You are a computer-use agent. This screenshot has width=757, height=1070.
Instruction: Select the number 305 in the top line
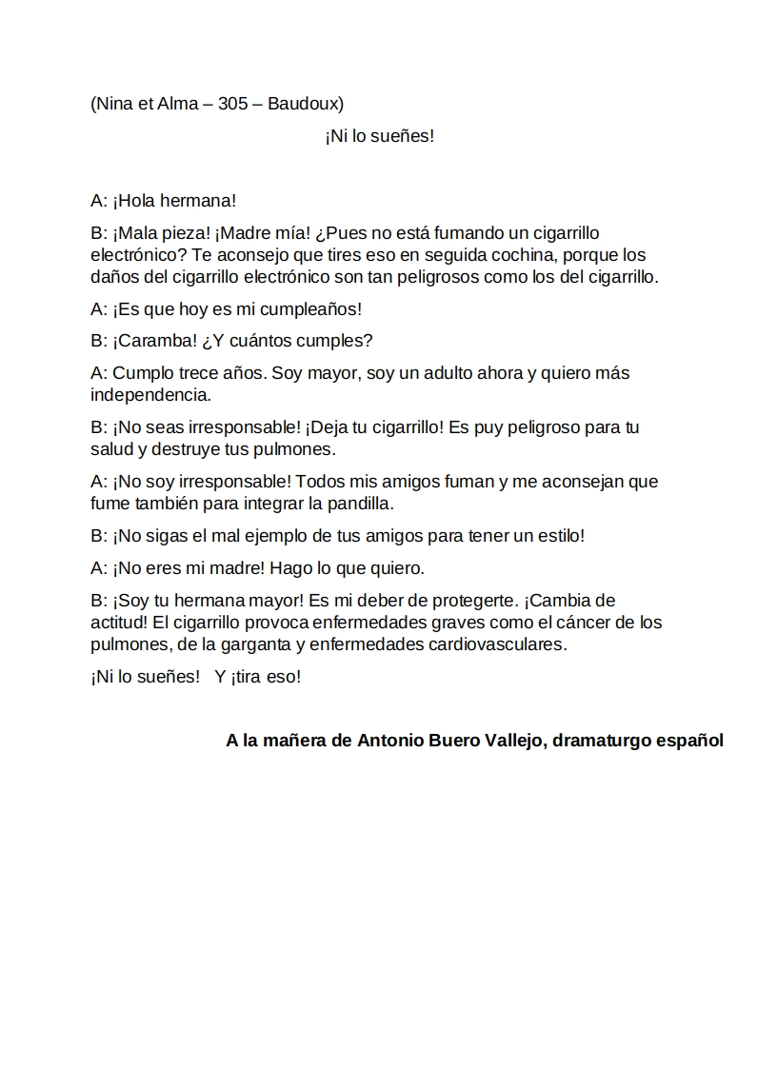[x=233, y=104]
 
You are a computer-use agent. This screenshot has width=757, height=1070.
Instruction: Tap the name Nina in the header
[x=116, y=104]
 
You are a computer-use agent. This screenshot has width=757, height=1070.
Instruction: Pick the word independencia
[x=149, y=394]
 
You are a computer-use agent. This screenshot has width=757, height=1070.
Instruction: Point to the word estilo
[x=560, y=536]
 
